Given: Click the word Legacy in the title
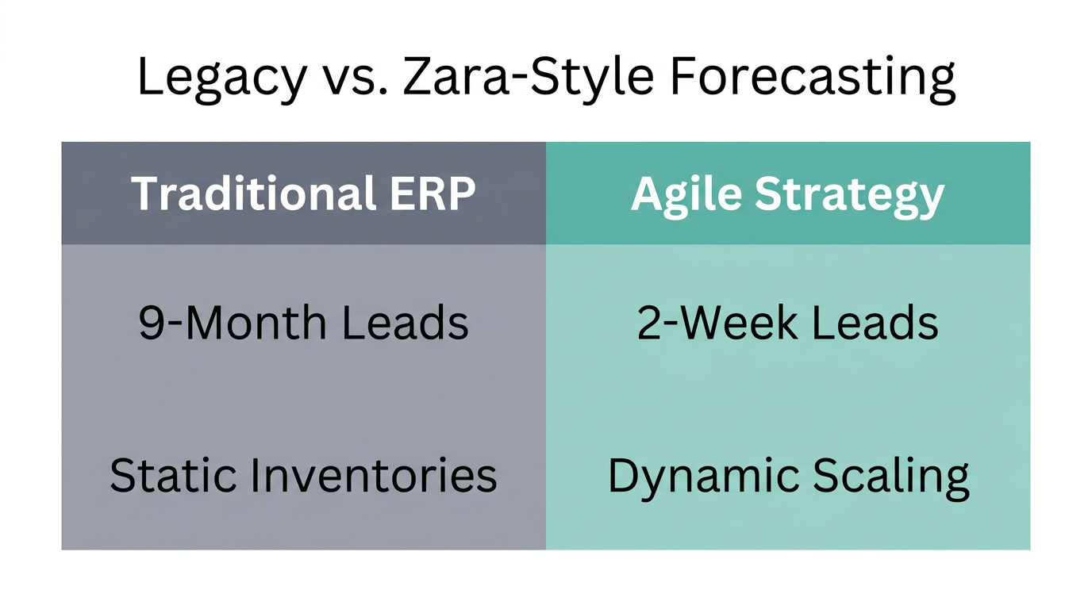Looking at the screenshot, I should [x=221, y=78].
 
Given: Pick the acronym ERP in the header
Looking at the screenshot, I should [x=437, y=193].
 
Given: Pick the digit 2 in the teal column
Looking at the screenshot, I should [x=648, y=324].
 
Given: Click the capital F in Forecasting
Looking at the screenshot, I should [x=683, y=78].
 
